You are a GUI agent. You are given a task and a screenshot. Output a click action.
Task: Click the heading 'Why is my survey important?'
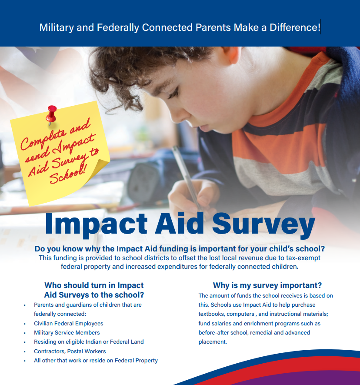267,285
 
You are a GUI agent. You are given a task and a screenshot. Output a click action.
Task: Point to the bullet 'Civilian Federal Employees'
69,323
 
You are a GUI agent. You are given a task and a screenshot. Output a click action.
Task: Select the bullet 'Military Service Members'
67,332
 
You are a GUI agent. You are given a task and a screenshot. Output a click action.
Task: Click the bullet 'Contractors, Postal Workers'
70,351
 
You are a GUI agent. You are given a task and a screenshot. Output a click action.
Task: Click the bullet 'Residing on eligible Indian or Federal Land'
89,342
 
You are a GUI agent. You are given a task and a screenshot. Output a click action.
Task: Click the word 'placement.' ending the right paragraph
213,342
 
